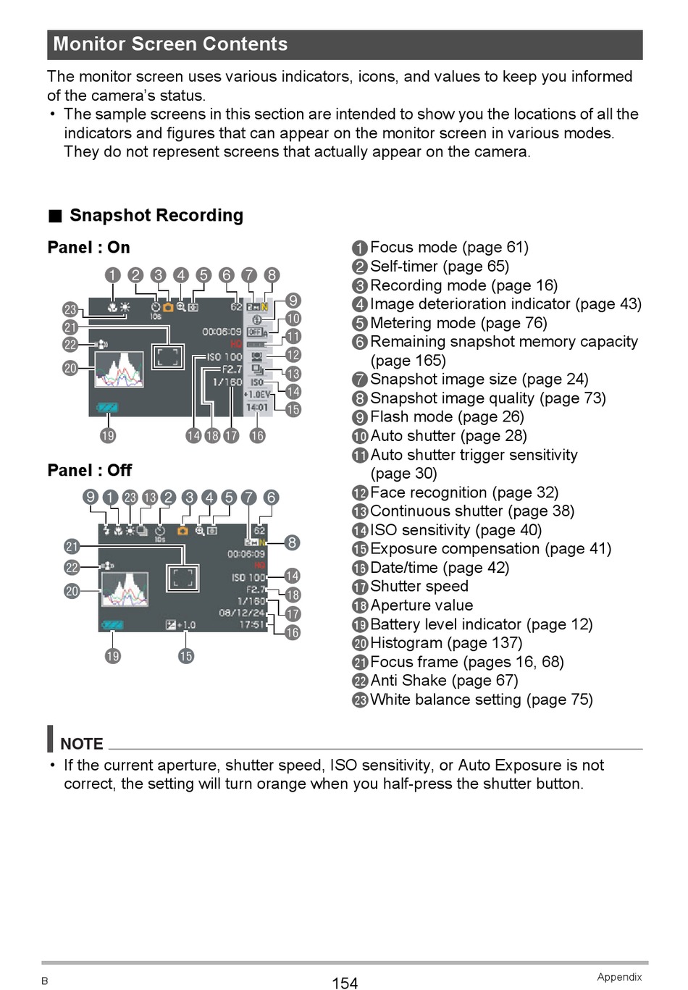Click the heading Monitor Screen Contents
tap(170, 44)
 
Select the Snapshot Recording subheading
tap(156, 215)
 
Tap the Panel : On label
tap(88, 248)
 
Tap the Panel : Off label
tap(89, 470)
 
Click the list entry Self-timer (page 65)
tap(439, 267)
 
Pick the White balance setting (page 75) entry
tap(481, 700)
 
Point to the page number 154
tap(345, 983)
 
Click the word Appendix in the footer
tap(619, 977)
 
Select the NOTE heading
tap(81, 744)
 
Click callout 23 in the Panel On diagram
tap(70, 309)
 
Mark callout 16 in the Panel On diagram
tap(257, 435)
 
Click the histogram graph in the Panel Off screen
tap(125, 589)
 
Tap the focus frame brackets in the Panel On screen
tap(167, 356)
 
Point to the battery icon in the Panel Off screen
tap(113, 625)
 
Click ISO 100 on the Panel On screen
tap(225, 357)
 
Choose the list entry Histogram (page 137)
tap(445, 643)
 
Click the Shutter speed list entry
tap(419, 587)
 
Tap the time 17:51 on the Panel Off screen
tap(253, 625)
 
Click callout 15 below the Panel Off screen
tap(186, 656)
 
